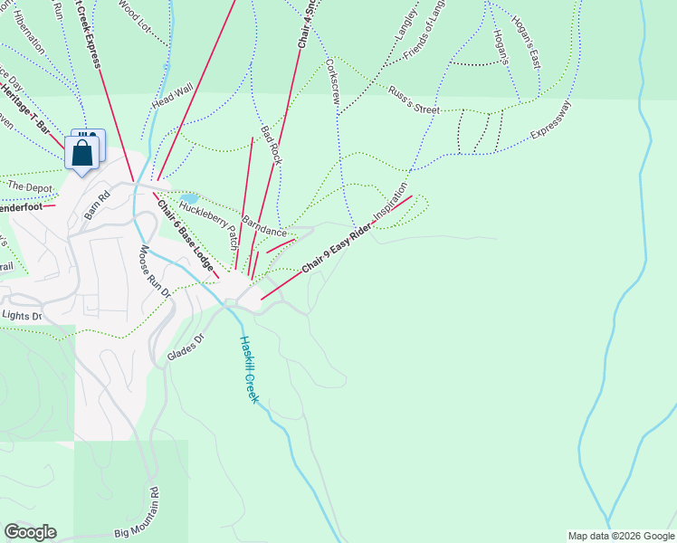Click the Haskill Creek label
[x=250, y=370]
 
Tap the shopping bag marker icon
[x=82, y=152]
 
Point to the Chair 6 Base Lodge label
[x=186, y=235]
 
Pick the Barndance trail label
[x=264, y=226]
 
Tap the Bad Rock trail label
[x=272, y=145]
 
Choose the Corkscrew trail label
[x=331, y=81]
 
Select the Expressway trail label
[x=552, y=120]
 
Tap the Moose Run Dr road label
[x=154, y=271]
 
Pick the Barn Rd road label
[x=97, y=205]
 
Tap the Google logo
[x=30, y=532]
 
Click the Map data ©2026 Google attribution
[x=620, y=536]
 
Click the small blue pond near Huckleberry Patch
[x=189, y=198]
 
